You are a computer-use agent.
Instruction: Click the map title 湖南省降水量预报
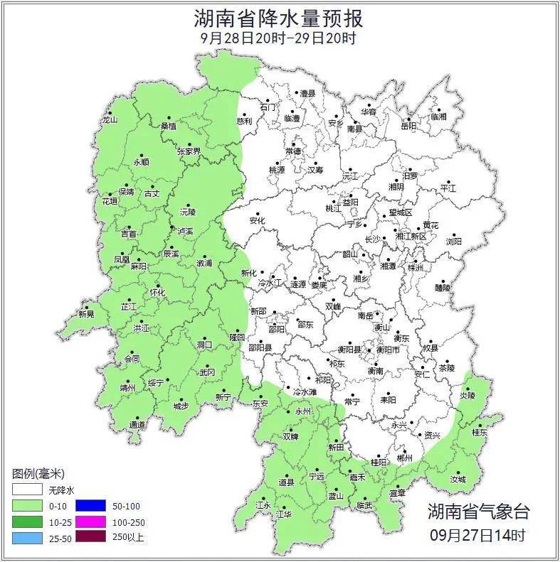(x=279, y=18)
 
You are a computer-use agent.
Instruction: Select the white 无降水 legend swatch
(x=26, y=490)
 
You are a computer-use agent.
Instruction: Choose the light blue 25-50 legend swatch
(x=26, y=538)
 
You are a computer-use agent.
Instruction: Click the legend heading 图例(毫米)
(x=38, y=473)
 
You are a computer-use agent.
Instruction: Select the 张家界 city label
(x=189, y=151)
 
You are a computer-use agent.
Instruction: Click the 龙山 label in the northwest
(x=109, y=120)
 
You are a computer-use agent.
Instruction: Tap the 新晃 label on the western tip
(x=86, y=314)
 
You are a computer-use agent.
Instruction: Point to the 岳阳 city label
(x=408, y=126)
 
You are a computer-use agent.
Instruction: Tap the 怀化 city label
(x=157, y=292)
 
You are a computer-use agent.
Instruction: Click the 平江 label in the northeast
(x=448, y=188)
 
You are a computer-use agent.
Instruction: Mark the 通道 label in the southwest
(x=137, y=425)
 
